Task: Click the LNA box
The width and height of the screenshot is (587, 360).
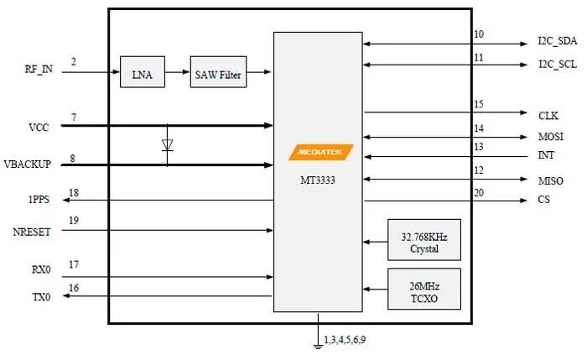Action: pyautogui.click(x=143, y=75)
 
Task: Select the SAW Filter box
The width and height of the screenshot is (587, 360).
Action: pyautogui.click(x=219, y=75)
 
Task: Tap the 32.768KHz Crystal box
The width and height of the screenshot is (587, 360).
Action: pyautogui.click(x=424, y=243)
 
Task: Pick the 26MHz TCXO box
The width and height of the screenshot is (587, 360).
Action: pyautogui.click(x=424, y=289)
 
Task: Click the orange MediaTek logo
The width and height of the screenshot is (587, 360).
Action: pyautogui.click(x=320, y=152)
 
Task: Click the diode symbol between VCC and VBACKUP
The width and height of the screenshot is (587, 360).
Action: pyautogui.click(x=167, y=145)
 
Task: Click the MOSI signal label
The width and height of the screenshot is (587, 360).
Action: pyautogui.click(x=551, y=136)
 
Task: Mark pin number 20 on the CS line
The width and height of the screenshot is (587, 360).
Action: pyautogui.click(x=479, y=193)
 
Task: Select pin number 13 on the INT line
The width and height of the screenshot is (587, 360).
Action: pyautogui.click(x=479, y=147)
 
